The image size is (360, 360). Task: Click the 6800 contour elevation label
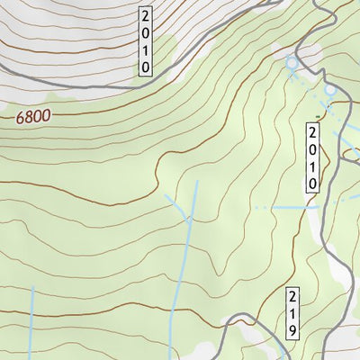click(32, 116)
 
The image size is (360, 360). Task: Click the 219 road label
click(292, 314)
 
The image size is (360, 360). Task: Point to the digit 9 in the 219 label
click(292, 329)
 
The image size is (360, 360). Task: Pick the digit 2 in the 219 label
click(292, 298)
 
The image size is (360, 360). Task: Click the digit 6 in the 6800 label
click(20, 116)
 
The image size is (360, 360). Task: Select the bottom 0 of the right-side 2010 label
click(312, 183)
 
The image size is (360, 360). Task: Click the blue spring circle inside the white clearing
click(291, 62)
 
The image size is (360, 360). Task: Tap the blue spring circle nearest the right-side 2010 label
click(329, 89)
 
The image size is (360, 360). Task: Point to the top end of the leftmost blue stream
click(32, 289)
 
